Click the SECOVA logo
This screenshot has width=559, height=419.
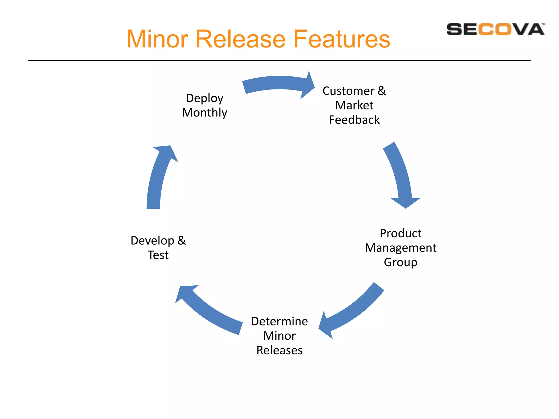coord(495,29)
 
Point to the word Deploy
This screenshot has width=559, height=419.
coord(204,98)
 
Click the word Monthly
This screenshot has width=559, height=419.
coord(204,113)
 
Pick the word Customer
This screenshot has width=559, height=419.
coord(348,91)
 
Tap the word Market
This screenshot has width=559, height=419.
coord(354,105)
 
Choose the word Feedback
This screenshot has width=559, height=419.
coord(354,120)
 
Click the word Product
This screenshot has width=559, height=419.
coord(400,234)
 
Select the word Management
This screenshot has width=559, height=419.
coord(400,248)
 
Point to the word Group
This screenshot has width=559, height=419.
coord(400,262)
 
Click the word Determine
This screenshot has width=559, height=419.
coord(279,321)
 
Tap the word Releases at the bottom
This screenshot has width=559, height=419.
coord(279,351)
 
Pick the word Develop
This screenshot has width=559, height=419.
coord(152,241)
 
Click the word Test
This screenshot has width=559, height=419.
coord(158,255)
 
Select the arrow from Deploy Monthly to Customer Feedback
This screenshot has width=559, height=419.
coord(278,83)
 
